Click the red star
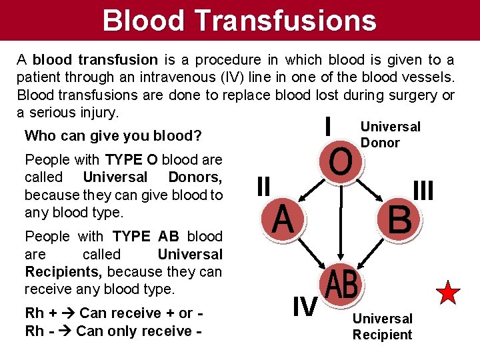coord(449,293)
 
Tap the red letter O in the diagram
coord(341,163)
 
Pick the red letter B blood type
coord(399,220)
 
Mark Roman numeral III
coord(423,191)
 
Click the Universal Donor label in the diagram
coord(389,135)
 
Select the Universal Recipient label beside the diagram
coord(382,327)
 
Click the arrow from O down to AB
coord(341,220)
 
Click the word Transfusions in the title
coord(288,20)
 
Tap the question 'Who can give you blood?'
coord(113,136)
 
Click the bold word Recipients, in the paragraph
coord(63,272)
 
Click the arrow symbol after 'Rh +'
coord(67,313)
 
